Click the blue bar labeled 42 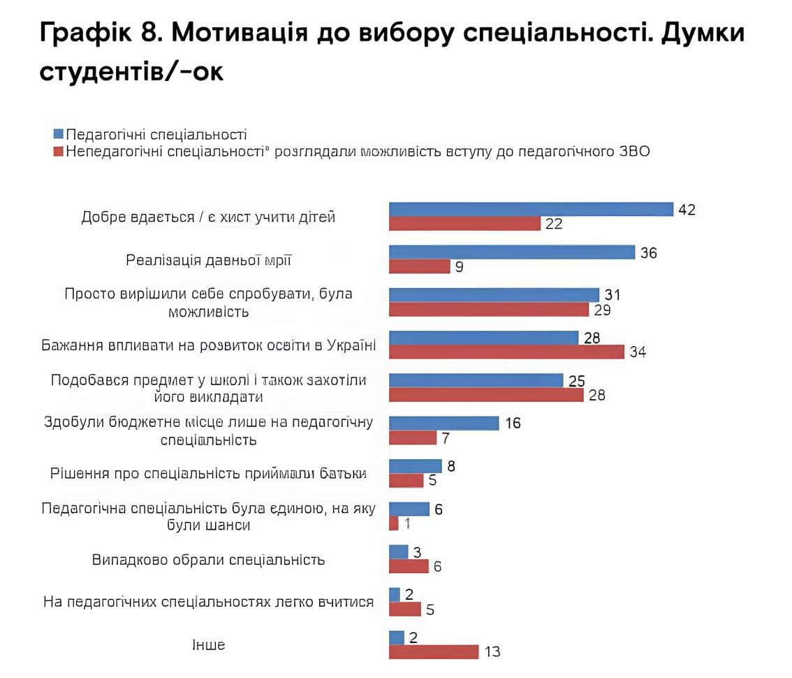click(x=531, y=209)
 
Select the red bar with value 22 click(x=464, y=224)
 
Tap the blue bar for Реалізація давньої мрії click(x=511, y=252)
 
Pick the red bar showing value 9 click(x=419, y=266)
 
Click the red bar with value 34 click(x=506, y=352)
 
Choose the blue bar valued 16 click(x=443, y=423)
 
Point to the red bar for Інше click(x=433, y=651)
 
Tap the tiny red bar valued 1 click(x=393, y=523)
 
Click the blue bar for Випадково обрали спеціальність click(x=398, y=551)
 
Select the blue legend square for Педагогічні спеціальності click(x=59, y=134)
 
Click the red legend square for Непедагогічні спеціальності click(x=59, y=151)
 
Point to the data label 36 click(x=649, y=252)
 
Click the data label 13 click(x=492, y=651)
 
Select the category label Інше click(x=209, y=644)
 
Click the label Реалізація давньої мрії click(x=209, y=260)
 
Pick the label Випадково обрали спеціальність click(x=208, y=560)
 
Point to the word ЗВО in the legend click(x=632, y=151)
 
